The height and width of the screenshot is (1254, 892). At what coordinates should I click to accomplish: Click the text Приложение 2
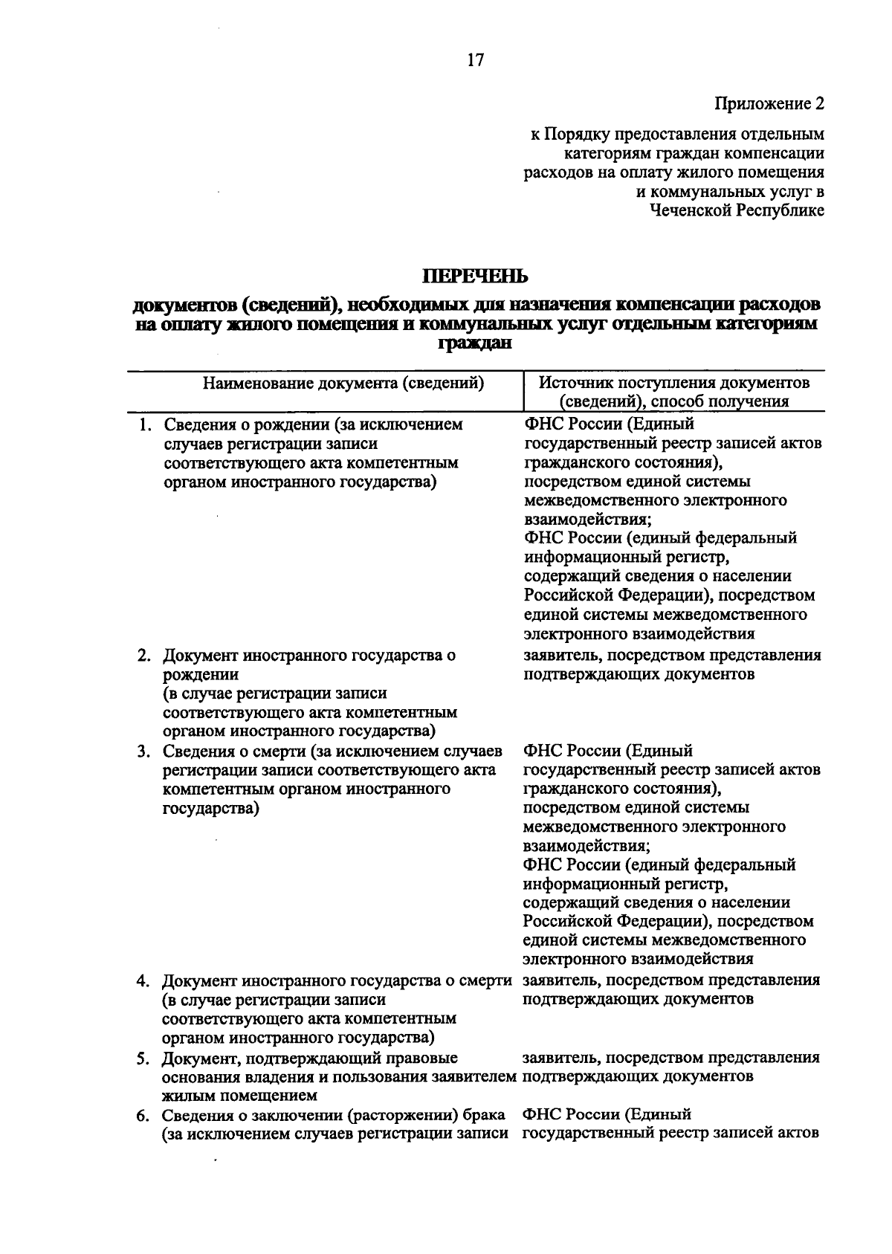coord(769,103)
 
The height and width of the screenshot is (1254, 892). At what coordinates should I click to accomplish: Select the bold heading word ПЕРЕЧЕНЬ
coord(475,277)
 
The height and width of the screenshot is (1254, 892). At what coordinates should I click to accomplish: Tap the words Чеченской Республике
coord(737,210)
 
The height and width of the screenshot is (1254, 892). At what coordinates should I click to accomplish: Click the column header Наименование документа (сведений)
coord(343,384)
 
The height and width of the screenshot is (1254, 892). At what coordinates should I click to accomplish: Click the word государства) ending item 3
coord(210,808)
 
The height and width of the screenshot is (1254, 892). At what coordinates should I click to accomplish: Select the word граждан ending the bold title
coord(476,344)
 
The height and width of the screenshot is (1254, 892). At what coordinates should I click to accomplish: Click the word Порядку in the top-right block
coord(575,135)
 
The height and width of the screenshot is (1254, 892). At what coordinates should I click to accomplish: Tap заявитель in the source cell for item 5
coord(556,1058)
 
